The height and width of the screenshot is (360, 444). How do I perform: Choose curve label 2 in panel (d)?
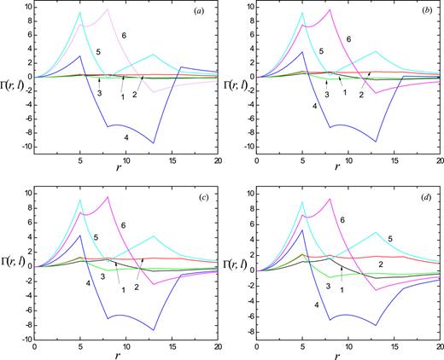click(x=379, y=265)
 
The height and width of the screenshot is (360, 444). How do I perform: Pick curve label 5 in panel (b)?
click(x=321, y=52)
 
